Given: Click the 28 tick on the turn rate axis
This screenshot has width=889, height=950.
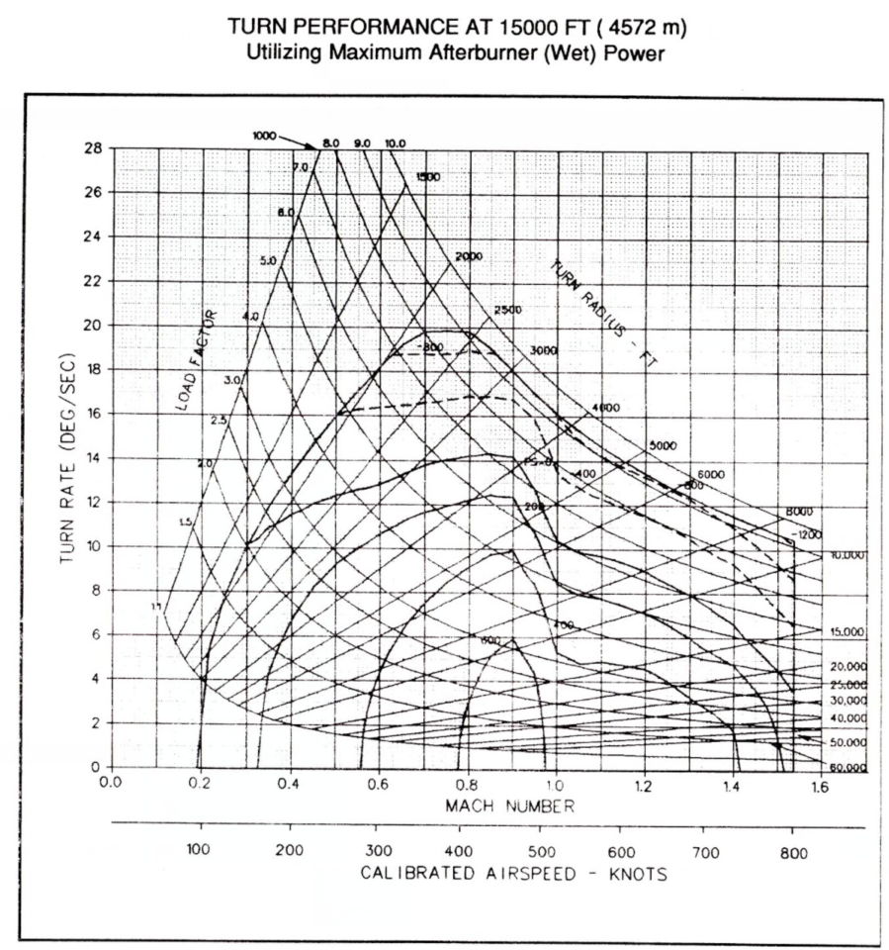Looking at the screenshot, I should pyautogui.click(x=92, y=147).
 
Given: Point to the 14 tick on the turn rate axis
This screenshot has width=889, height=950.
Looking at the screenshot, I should pyautogui.click(x=93, y=458).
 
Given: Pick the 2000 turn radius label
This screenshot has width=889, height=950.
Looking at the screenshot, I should pyautogui.click(x=469, y=256).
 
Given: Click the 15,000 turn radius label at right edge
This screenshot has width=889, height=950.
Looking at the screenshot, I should pyautogui.click(x=845, y=631).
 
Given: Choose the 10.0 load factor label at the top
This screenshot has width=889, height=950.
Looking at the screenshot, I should pyautogui.click(x=396, y=143).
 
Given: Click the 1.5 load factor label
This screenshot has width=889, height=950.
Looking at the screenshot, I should pyautogui.click(x=184, y=522).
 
